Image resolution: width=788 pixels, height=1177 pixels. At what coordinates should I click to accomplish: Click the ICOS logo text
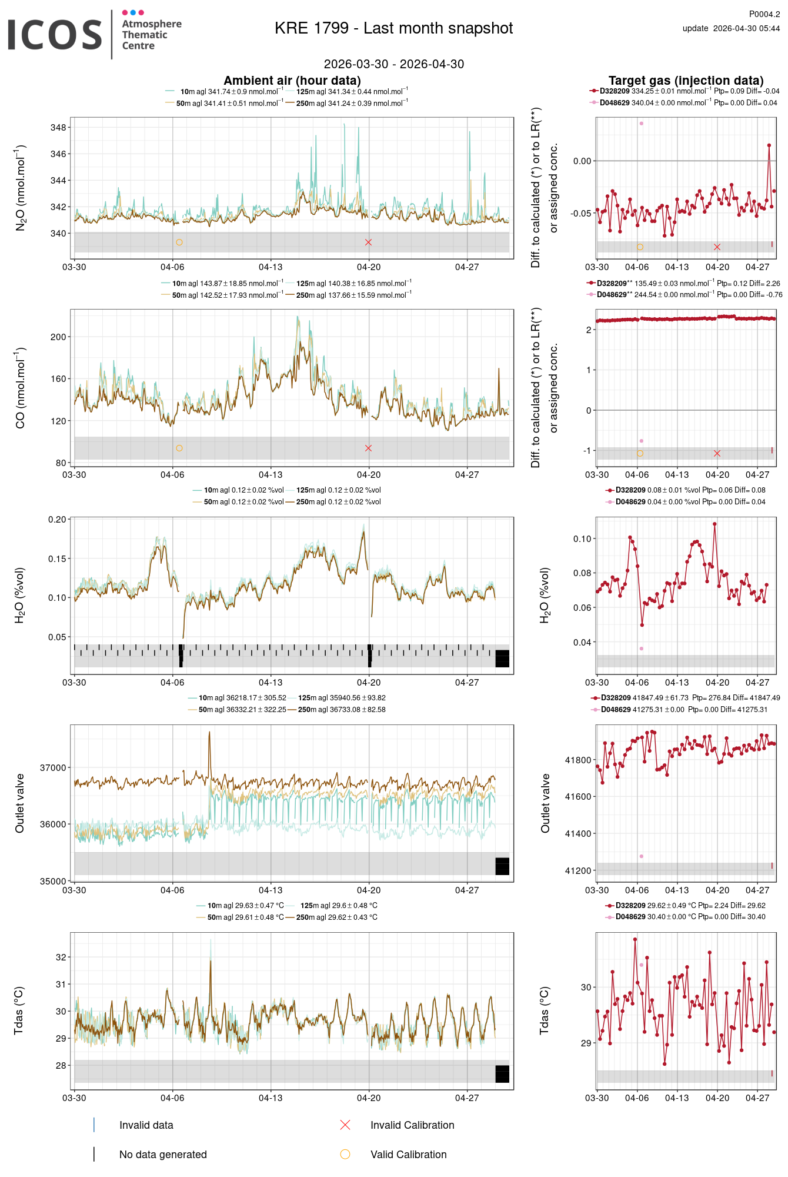tap(55, 35)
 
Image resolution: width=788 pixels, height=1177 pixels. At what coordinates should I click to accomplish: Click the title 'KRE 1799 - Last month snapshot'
tap(393, 28)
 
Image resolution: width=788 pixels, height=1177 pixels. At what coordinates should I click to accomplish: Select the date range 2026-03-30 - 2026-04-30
tap(393, 64)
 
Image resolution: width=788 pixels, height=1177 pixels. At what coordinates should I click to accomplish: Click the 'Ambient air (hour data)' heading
tap(292, 81)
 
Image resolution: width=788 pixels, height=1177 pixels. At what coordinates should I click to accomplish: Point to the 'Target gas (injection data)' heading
tap(686, 81)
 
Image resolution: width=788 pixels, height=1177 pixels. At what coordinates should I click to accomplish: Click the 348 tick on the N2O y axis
tap(58, 128)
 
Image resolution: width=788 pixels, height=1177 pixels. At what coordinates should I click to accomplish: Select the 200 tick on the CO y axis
tap(58, 337)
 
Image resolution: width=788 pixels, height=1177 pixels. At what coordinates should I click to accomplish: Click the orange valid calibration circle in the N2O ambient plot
tap(179, 242)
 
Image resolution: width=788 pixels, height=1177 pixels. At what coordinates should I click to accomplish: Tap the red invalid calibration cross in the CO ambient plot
tap(368, 448)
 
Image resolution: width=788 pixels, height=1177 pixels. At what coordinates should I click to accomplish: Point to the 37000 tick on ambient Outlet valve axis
tap(53, 768)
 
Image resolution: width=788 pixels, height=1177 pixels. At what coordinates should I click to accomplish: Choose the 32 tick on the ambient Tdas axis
tap(61, 957)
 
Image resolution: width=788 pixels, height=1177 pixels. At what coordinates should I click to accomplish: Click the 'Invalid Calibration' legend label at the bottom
tap(412, 1125)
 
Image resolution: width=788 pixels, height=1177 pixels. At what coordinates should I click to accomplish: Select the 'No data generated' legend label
tap(163, 1155)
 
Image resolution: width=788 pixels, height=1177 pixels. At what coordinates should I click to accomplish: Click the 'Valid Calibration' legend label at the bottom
tap(408, 1155)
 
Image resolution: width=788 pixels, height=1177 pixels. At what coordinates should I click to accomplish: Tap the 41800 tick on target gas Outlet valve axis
tap(578, 760)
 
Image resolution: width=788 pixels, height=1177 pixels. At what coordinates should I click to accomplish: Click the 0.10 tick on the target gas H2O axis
tap(582, 539)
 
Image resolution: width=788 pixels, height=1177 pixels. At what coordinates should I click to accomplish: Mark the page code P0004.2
tap(764, 14)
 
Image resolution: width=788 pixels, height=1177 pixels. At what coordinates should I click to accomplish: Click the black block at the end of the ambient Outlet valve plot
tap(502, 866)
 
